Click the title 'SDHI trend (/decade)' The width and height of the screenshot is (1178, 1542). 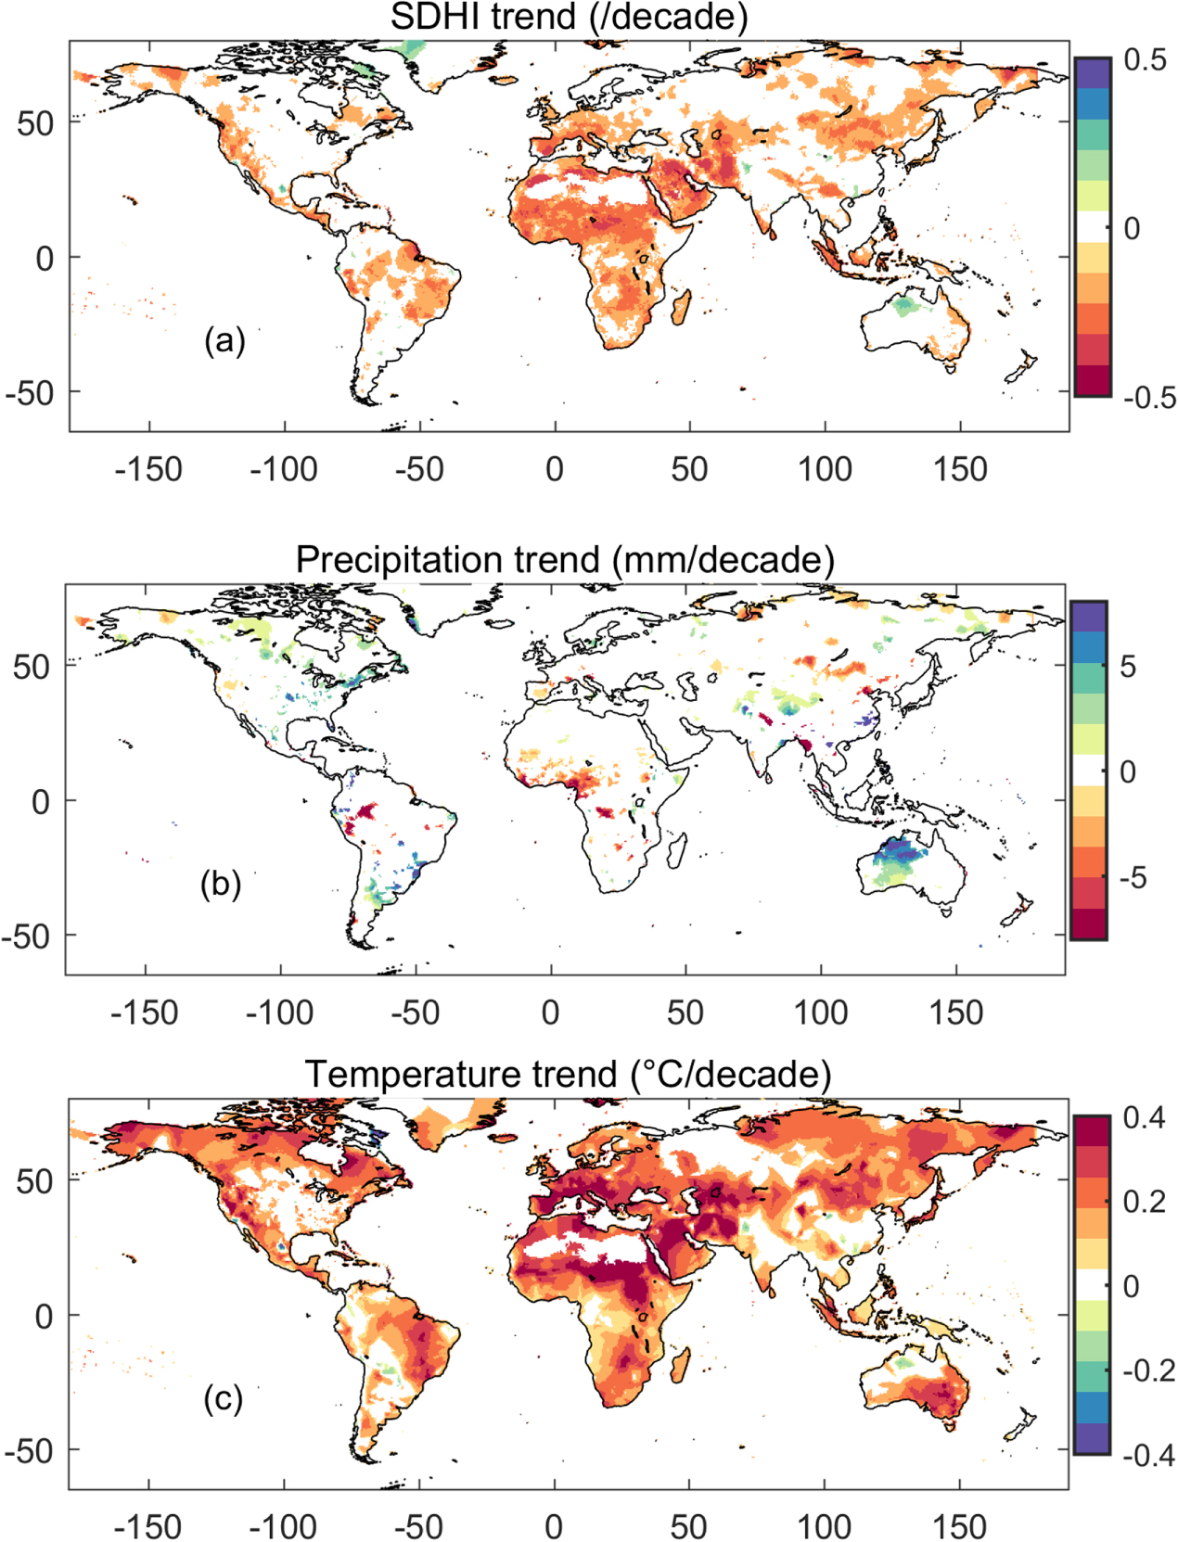point(568,18)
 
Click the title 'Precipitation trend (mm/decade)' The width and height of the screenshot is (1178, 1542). point(565,560)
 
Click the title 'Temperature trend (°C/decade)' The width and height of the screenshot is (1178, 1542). point(568,1075)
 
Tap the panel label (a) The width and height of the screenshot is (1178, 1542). point(224,340)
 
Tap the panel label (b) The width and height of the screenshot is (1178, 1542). point(221,884)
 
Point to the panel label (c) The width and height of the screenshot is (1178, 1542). point(223,1398)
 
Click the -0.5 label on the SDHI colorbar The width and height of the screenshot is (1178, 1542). point(1148,398)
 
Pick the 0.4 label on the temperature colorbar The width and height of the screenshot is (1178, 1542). point(1144,1118)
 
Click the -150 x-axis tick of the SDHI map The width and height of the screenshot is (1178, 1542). point(148,469)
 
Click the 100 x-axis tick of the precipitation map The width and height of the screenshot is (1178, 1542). point(821,1013)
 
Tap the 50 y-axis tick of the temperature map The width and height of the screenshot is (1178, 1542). point(34,1181)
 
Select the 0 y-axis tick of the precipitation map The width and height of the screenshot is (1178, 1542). point(41,801)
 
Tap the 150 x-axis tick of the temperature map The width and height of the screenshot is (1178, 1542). point(959,1526)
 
